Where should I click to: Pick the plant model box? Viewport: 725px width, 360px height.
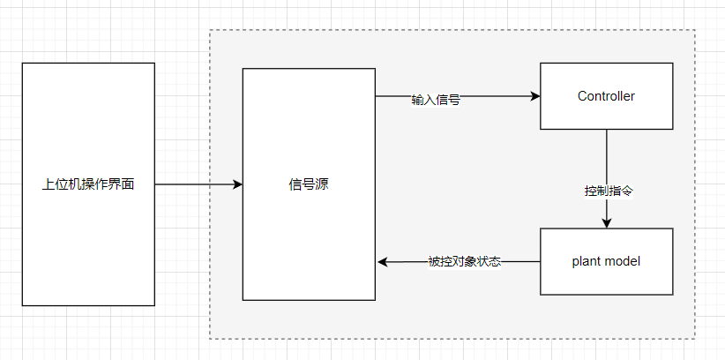pos(606,278)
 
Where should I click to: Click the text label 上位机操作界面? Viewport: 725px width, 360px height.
pos(87,184)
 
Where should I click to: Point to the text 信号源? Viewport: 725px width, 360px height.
pos(309,184)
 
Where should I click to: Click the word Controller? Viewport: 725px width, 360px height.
pos(606,95)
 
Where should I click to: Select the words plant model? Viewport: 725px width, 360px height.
pos(606,261)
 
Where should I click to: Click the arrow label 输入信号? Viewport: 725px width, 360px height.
pos(436,100)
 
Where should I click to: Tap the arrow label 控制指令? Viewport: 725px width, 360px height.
pos(609,191)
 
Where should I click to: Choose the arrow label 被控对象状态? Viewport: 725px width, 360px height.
pos(465,261)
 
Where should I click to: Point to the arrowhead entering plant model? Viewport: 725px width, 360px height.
pos(607,223)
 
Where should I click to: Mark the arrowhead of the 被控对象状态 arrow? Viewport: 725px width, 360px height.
pos(383,262)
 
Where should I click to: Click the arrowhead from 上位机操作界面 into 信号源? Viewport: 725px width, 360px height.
pos(237,184)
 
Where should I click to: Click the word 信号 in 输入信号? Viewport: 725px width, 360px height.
pos(448,100)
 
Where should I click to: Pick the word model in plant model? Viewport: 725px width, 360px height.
pos(624,261)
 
